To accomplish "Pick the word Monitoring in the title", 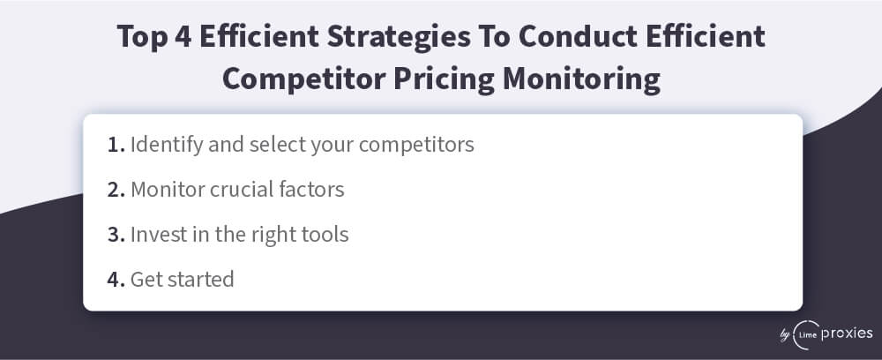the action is [581, 79].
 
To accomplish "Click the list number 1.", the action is [116, 145].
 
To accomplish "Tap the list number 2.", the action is [116, 190].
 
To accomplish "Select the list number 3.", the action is [116, 235].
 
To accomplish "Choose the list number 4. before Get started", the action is [116, 280].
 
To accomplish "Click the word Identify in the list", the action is [167, 145].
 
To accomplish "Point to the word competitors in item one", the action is [416, 146].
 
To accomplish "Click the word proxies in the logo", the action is [847, 334].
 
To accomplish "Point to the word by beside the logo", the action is [785, 335].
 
